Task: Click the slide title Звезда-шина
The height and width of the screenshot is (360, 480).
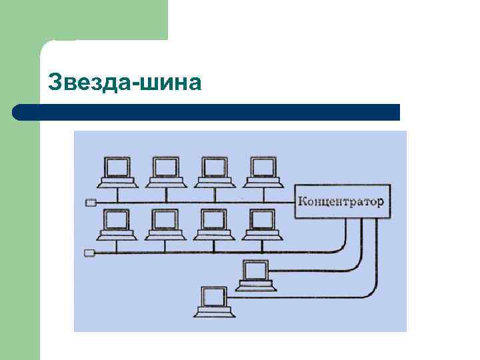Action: (125, 83)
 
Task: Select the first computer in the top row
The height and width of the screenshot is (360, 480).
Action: (117, 172)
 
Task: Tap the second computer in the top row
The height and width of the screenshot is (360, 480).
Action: (165, 172)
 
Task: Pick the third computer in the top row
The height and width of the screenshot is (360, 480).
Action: (214, 172)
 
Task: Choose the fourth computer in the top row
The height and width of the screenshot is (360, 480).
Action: (263, 172)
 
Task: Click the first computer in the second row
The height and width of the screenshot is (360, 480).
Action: (117, 225)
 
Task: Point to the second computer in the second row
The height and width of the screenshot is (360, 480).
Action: (165, 225)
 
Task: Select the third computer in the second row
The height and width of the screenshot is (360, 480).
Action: (214, 225)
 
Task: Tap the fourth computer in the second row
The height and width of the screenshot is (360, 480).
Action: (263, 225)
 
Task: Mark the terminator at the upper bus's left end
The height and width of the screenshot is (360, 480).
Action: (91, 202)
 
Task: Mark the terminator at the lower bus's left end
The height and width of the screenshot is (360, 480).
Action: (91, 253)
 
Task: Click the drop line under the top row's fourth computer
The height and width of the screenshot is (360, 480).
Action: (263, 194)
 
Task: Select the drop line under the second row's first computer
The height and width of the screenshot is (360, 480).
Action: (117, 247)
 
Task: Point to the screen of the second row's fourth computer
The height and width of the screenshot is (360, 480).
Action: (263, 219)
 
